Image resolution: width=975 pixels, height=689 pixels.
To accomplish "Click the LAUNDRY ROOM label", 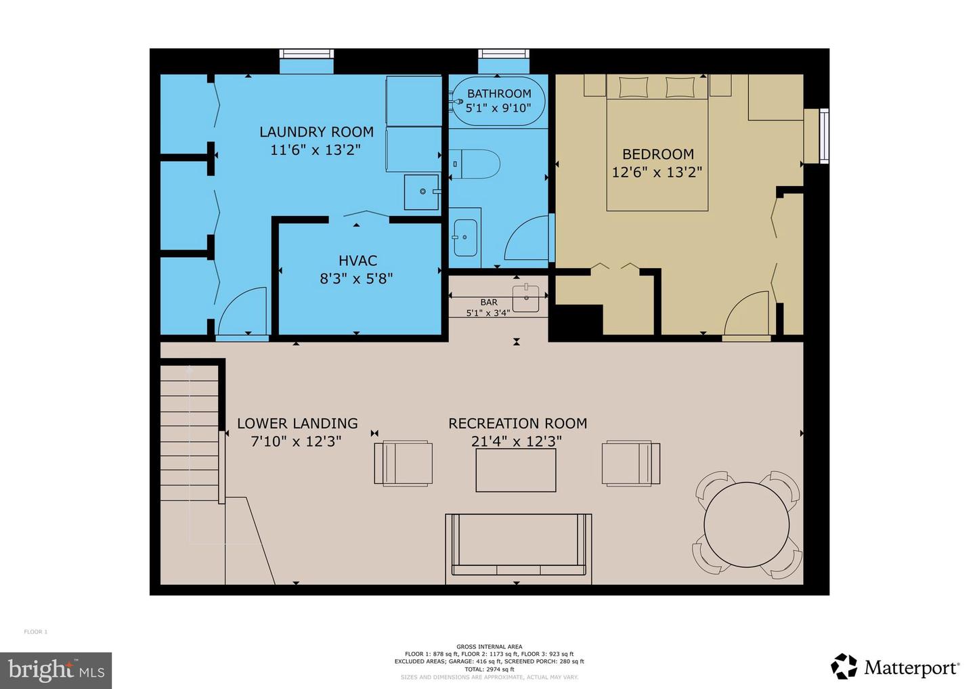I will [316, 132].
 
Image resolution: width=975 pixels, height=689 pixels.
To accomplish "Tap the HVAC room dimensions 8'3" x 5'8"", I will [356, 278].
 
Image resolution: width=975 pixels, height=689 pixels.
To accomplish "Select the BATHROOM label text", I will [499, 93].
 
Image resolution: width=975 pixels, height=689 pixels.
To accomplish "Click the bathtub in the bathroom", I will [498, 102].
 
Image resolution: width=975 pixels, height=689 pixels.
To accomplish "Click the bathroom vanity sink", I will [465, 238].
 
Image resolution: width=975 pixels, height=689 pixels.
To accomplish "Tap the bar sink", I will [525, 297].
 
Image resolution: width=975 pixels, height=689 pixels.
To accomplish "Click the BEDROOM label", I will [657, 154].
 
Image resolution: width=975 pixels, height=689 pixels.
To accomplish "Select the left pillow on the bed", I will [632, 87].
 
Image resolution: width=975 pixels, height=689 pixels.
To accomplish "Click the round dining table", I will [746, 525].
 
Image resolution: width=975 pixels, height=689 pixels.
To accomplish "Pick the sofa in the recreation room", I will [518, 545].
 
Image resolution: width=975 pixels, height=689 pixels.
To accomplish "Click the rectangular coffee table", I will [515, 470].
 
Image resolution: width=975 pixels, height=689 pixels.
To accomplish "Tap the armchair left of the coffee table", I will [403, 463].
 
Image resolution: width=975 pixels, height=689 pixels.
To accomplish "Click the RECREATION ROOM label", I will [517, 424].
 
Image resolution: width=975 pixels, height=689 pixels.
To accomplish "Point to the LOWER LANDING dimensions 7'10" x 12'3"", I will [296, 441].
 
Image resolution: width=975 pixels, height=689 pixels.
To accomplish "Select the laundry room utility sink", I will [420, 192].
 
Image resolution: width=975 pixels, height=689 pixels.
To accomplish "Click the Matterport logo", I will [895, 667].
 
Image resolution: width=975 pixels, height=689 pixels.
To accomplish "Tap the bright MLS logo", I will [56, 670].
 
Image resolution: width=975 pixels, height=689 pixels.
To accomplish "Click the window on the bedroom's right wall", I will [823, 135].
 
